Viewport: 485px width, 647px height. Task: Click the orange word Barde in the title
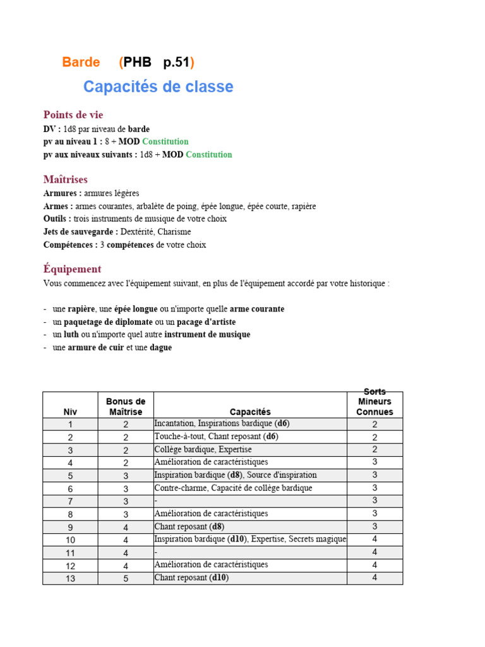click(81, 62)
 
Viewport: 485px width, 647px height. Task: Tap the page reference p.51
click(177, 62)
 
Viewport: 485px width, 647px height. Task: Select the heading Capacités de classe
click(158, 87)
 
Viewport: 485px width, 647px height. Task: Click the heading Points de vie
click(73, 114)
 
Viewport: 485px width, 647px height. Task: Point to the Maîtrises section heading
click(66, 179)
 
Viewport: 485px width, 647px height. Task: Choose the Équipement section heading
click(73, 269)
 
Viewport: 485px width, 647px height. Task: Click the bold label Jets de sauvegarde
click(81, 232)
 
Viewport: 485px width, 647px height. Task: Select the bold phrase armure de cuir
click(96, 347)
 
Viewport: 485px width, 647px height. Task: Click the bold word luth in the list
click(71, 334)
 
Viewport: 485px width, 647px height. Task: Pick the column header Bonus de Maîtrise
click(126, 406)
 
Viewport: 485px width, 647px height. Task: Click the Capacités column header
click(250, 411)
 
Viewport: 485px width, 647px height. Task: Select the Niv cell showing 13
click(70, 577)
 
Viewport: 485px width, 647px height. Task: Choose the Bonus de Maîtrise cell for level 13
click(126, 577)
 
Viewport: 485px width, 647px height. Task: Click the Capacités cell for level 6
click(233, 488)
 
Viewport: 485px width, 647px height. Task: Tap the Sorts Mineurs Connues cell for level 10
click(374, 539)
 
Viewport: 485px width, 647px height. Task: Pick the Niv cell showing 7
click(70, 501)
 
